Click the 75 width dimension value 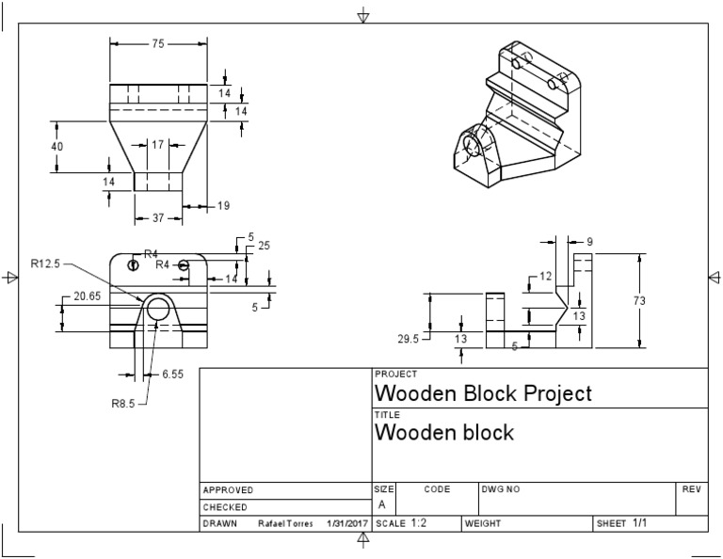coord(158,42)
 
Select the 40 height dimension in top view coord(57,147)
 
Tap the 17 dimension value coord(157,145)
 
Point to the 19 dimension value coord(223,205)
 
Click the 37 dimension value coord(158,217)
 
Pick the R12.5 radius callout coord(44,264)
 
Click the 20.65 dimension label coord(87,295)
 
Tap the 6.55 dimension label coord(172,374)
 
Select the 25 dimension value coord(264,246)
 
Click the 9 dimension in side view coord(588,242)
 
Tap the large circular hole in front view coord(158,310)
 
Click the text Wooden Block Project coord(484,392)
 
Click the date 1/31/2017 coord(347,523)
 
